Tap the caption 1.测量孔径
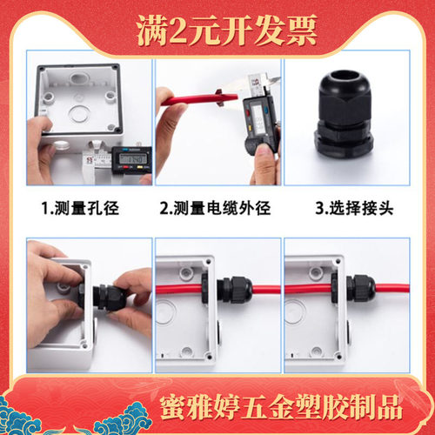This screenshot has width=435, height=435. point(80,208)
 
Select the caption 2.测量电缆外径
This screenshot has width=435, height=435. point(215,208)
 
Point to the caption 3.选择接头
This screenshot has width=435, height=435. point(354,208)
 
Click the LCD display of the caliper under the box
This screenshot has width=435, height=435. point(133,158)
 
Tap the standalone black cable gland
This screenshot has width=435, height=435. point(344,113)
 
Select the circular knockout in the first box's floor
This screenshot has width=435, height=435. point(78,113)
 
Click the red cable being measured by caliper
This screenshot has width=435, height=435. point(199,99)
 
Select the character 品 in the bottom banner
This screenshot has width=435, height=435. point(390,407)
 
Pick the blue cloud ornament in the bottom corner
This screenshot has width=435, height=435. point(122,420)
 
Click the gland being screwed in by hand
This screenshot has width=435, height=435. point(110,298)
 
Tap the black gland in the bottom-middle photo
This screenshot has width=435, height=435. point(234,290)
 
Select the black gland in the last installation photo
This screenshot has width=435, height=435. point(361,289)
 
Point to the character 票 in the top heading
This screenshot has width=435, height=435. point(301,30)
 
